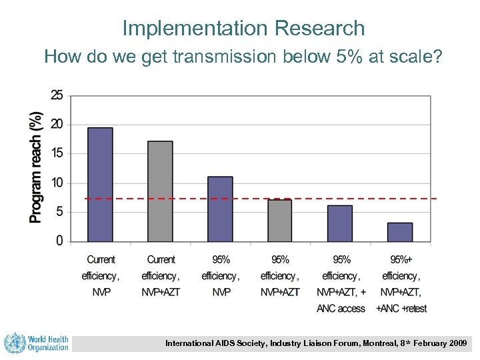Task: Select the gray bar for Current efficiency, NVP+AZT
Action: (160, 191)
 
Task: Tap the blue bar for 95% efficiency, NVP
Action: (220, 209)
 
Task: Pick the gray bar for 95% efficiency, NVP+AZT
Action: (280, 221)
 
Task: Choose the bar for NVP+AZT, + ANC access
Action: (340, 223)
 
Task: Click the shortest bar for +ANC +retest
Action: (400, 232)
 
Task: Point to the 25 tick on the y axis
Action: (57, 95)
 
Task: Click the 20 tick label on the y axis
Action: (57, 125)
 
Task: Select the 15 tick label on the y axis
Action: (57, 154)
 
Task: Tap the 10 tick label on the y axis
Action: (57, 183)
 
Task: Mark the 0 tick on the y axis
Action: (59, 241)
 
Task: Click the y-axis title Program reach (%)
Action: (36, 167)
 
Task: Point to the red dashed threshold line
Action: (260, 199)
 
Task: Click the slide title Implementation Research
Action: (243, 28)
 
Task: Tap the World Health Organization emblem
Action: (15, 343)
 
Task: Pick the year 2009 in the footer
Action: (457, 344)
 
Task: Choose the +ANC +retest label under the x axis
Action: (401, 309)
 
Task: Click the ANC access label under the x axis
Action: (341, 309)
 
